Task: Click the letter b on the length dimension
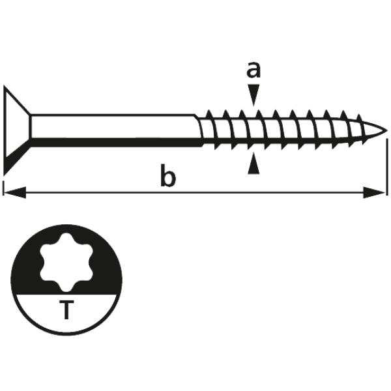coord(167,177)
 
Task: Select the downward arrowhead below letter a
coord(254,94)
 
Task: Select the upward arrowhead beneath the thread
coord(254,166)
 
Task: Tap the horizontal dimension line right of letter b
coord(274,192)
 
